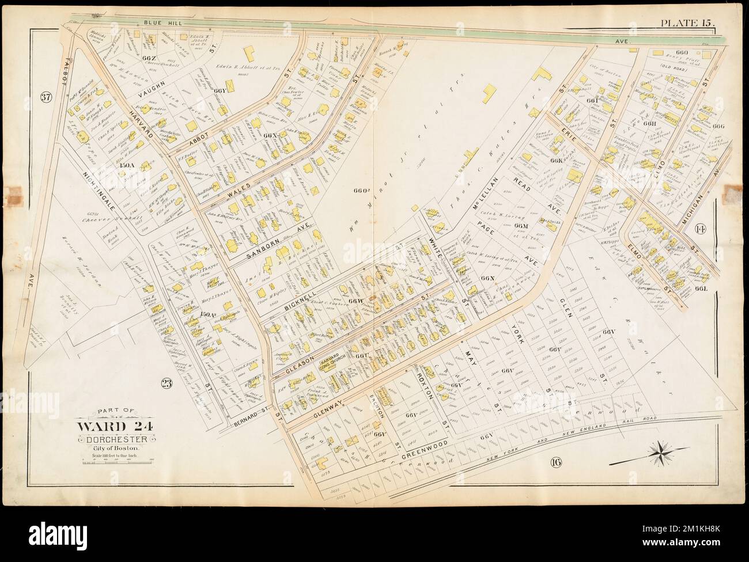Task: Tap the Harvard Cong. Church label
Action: pyautogui.click(x=328, y=366)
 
